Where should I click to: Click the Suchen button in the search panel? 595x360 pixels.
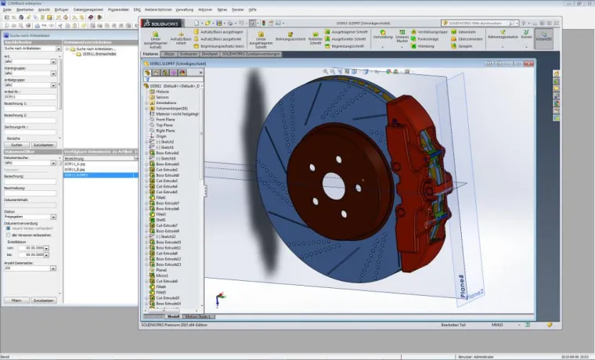16,145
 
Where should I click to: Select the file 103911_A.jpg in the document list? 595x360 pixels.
74,163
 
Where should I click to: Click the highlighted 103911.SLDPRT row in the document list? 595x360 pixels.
75,175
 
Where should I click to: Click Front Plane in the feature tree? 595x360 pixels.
164,119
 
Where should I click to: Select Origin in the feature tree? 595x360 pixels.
161,135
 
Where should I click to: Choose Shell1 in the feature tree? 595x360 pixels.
162,220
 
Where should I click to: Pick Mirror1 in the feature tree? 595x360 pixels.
162,275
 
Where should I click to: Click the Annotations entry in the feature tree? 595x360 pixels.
166,103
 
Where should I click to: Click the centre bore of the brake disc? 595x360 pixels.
334,185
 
